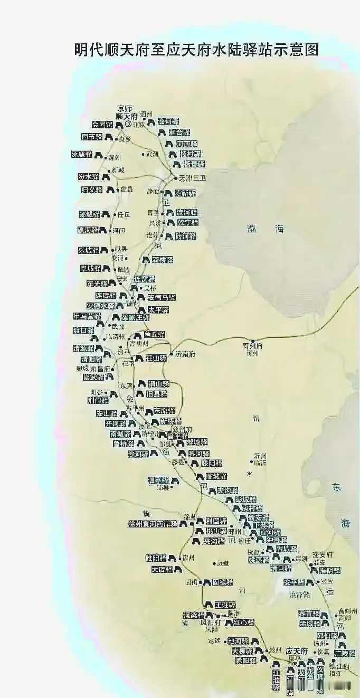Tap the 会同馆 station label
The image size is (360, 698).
102,125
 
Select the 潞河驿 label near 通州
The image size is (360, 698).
168,121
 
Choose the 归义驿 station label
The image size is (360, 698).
92,190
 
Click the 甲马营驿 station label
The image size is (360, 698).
88,316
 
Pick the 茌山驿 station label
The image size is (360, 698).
156,358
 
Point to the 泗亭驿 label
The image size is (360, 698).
158,480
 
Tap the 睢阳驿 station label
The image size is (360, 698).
156,558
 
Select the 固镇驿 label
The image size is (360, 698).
223,582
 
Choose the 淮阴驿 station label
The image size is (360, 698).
329,571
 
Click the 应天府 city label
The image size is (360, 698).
297,651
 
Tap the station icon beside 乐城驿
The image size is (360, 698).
105,250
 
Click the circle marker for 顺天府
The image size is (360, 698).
127,124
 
